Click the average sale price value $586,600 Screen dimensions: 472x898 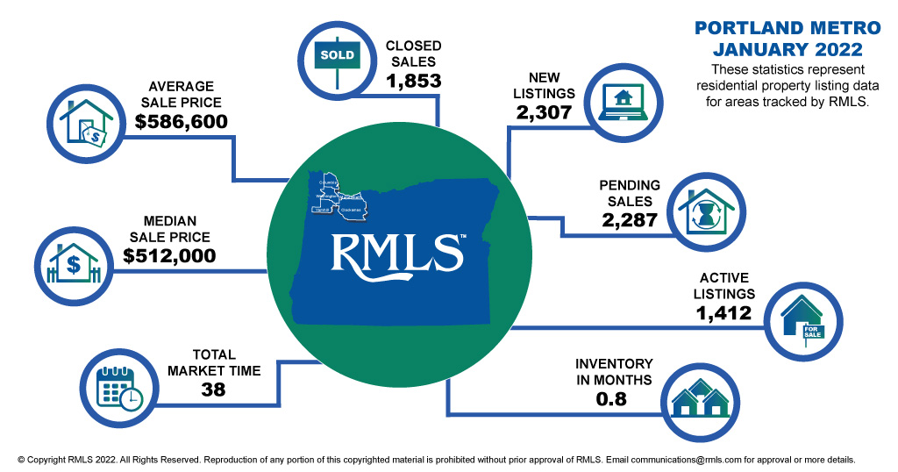pyautogui.click(x=182, y=122)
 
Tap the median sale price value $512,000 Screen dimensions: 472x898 pyautogui.click(x=169, y=256)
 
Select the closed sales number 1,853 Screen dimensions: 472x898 pyautogui.click(x=413, y=80)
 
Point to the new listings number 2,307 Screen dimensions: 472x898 pyautogui.click(x=544, y=112)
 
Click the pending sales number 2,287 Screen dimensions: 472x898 pyautogui.click(x=629, y=220)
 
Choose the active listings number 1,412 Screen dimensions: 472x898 pyautogui.click(x=723, y=311)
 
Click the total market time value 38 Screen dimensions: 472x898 pyautogui.click(x=213, y=390)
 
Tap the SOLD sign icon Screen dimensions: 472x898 pyautogui.click(x=337, y=57)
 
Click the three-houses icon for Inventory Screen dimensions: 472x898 pyautogui.click(x=700, y=402)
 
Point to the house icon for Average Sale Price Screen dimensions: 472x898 pyautogui.click(x=83, y=122)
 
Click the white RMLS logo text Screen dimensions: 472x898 pyautogui.click(x=397, y=252)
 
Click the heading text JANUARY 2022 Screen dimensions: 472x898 pyautogui.click(x=775, y=49)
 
